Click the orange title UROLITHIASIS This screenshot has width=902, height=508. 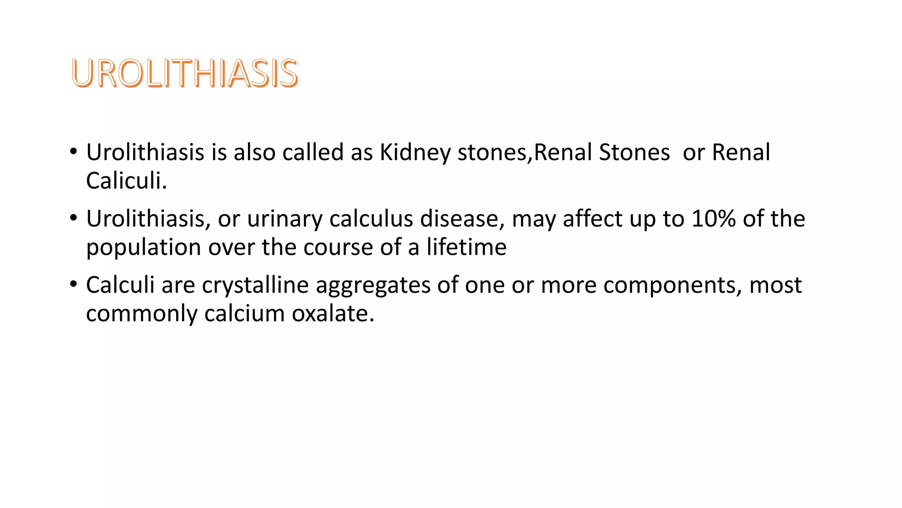coord(185,73)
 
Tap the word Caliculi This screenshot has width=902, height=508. coord(126,181)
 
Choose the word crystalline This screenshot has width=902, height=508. coord(255,285)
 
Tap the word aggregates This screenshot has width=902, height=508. coord(373,285)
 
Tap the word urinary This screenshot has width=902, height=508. coord(285,219)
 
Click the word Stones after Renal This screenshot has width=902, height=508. coord(634,153)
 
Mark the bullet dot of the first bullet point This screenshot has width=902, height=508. coord(73,151)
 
